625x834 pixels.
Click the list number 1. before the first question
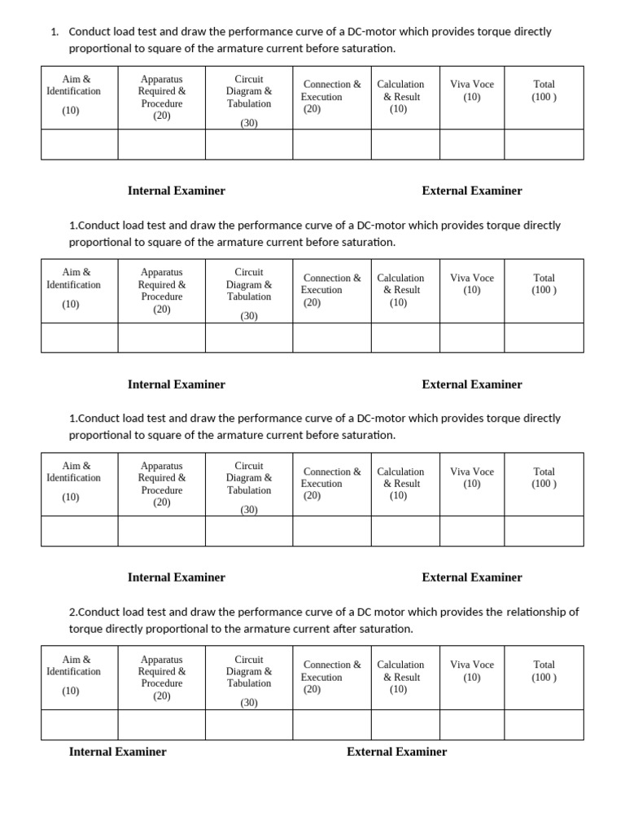[x=55, y=33]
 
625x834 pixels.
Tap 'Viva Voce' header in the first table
[x=472, y=90]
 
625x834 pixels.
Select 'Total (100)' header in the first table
[x=544, y=90]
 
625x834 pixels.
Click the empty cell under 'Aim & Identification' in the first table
[x=80, y=144]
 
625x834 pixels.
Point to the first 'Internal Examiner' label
[x=177, y=191]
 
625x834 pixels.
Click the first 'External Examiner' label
[x=472, y=191]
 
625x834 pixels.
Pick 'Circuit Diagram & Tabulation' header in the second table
[x=249, y=284]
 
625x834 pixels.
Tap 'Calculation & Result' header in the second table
[x=400, y=290]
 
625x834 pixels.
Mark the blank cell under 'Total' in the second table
[x=544, y=337]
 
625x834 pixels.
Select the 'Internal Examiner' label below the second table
[x=177, y=384]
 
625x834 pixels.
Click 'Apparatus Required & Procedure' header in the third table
[x=162, y=484]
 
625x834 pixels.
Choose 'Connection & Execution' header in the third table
[x=331, y=484]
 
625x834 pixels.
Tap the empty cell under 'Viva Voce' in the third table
[x=472, y=531]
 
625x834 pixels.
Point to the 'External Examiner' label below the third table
[x=472, y=577]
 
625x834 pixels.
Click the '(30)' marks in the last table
[x=249, y=702]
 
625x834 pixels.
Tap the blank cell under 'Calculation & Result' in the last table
[x=405, y=724]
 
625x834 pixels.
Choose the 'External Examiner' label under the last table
[x=396, y=752]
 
